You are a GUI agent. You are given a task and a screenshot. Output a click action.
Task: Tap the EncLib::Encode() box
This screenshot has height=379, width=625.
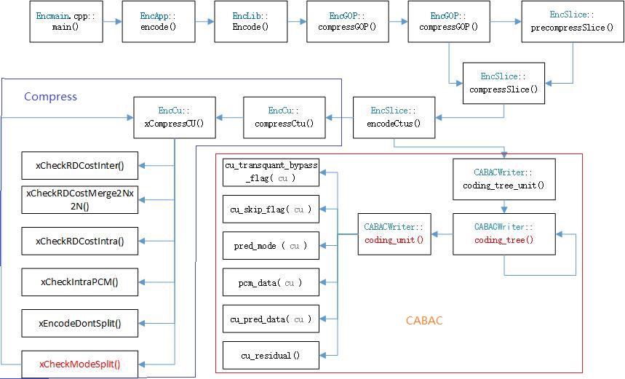(x=250, y=21)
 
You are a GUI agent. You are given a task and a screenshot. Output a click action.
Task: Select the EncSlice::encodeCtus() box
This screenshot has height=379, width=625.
(x=394, y=117)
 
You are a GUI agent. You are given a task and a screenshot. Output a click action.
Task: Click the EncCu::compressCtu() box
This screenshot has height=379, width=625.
(x=284, y=117)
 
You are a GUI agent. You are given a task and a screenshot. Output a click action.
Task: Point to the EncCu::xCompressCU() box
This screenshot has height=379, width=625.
(x=175, y=117)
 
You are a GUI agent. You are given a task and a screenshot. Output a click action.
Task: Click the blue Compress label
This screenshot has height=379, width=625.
(x=50, y=97)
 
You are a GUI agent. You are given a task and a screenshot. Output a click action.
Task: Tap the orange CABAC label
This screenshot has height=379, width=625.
(x=423, y=320)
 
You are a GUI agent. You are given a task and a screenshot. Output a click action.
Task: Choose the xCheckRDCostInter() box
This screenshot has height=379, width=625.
(x=80, y=165)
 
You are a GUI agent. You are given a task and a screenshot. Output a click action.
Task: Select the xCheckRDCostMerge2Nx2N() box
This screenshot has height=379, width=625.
(x=80, y=199)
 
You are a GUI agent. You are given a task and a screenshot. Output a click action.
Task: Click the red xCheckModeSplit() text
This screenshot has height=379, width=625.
(x=80, y=364)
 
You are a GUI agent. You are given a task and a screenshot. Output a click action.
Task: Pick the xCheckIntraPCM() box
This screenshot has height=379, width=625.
(x=80, y=282)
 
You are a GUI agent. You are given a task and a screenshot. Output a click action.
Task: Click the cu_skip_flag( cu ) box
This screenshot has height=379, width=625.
(x=270, y=210)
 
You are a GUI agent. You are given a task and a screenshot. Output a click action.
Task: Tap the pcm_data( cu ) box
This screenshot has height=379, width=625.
(x=270, y=282)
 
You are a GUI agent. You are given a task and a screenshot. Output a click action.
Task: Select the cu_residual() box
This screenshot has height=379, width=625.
(x=270, y=356)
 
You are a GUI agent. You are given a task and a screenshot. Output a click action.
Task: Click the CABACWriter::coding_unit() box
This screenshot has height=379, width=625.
(x=394, y=234)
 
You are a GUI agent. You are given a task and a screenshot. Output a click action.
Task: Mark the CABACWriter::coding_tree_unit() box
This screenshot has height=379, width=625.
(x=503, y=180)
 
